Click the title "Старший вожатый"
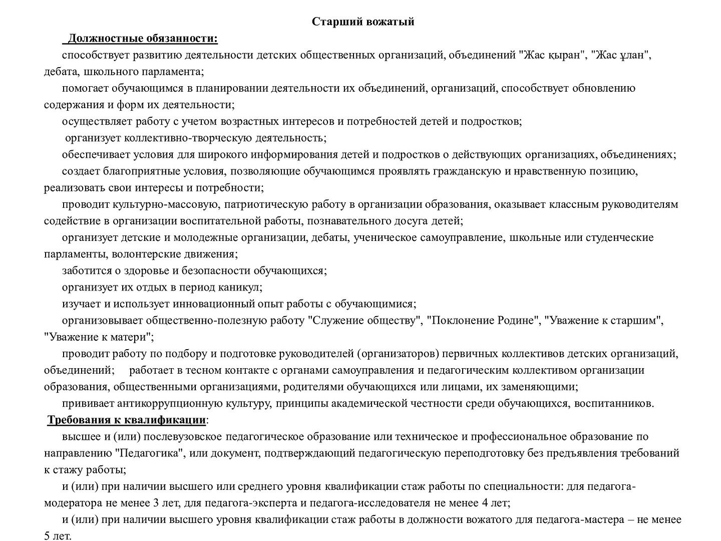tap(363, 22)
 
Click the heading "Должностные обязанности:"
tap(143, 39)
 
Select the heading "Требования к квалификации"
tap(126, 420)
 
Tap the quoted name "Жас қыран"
tap(553, 55)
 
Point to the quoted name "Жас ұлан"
tap(621, 55)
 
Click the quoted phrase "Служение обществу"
tap(365, 321)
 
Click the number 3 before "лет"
tap(181, 503)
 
